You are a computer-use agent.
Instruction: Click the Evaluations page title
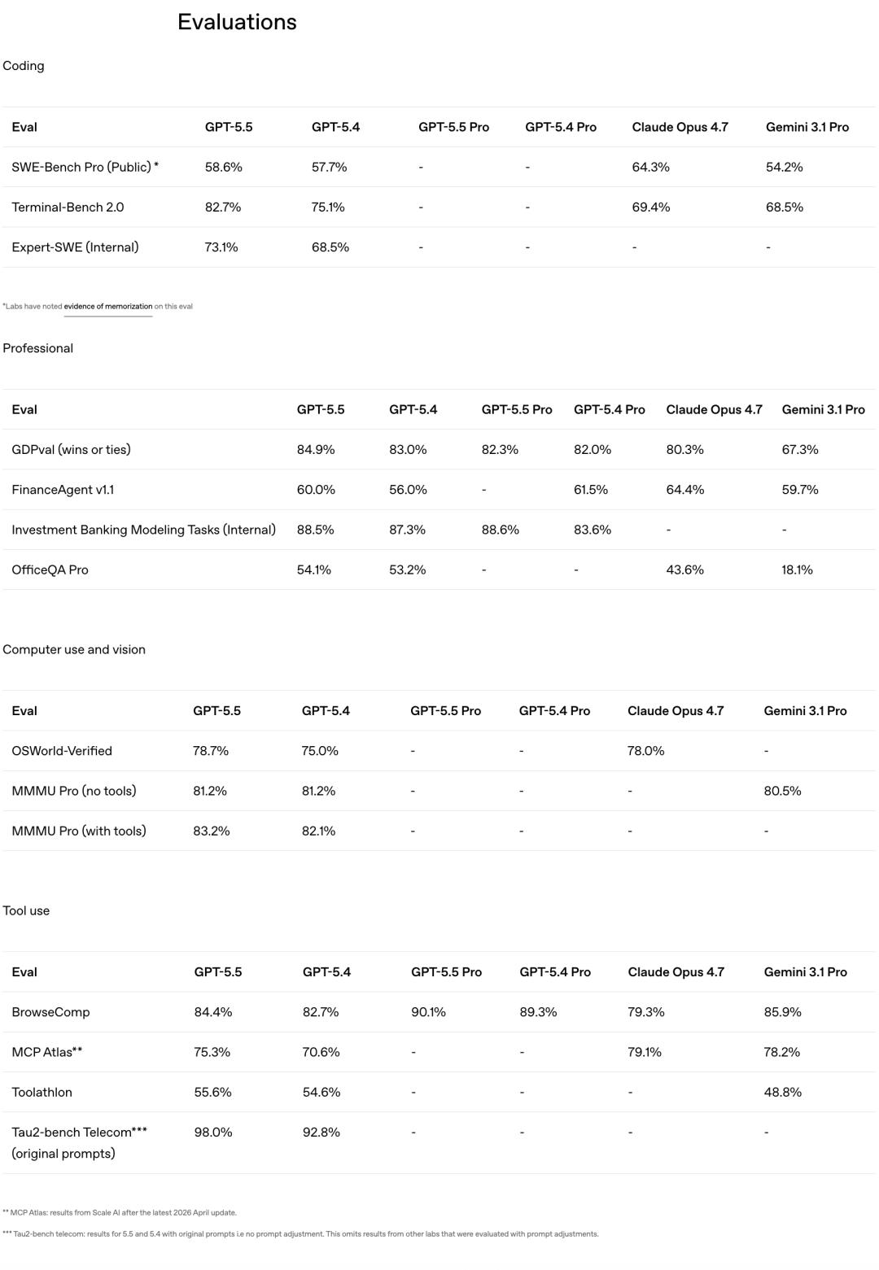(237, 22)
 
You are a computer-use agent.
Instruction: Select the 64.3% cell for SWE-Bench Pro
(650, 167)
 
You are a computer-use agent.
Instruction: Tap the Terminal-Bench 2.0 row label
(68, 207)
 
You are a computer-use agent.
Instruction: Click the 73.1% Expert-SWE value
(221, 247)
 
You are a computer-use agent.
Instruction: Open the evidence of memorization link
(108, 307)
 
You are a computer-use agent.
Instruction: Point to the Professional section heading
(38, 348)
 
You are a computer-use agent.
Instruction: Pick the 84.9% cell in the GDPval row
(316, 449)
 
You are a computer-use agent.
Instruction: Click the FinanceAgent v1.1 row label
(63, 489)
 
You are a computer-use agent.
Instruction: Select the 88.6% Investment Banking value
(500, 530)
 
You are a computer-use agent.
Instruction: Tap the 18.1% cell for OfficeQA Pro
(797, 570)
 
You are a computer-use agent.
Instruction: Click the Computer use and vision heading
(74, 649)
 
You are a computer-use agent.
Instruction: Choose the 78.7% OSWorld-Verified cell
(211, 750)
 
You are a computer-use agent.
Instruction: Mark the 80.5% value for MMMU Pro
(782, 790)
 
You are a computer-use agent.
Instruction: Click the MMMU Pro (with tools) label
(79, 831)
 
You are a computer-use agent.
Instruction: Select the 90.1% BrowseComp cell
(428, 1011)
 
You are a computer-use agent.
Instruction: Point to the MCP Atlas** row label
(47, 1051)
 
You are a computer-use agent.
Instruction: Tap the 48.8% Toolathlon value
(782, 1092)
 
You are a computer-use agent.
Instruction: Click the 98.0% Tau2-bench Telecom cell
(213, 1132)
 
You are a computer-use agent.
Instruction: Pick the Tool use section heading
(26, 910)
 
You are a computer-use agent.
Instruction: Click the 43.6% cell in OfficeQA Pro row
(684, 570)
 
